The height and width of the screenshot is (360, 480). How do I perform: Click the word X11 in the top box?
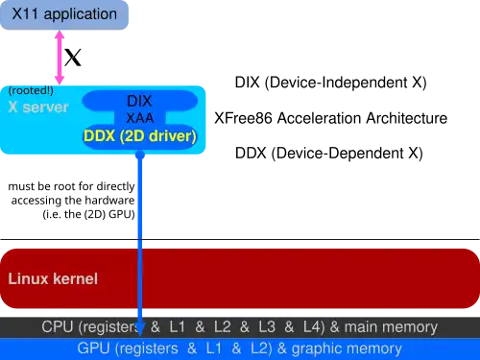[x=28, y=14]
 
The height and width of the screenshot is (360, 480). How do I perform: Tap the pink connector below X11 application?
[x=60, y=57]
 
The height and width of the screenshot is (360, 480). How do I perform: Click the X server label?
[x=38, y=107]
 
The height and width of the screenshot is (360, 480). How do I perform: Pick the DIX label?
[x=139, y=100]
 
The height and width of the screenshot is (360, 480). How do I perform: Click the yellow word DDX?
[x=100, y=136]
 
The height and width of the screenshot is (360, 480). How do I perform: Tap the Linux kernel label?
[x=53, y=279]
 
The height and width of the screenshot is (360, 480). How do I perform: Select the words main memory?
[x=395, y=326]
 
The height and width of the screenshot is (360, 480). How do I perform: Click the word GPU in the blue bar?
[x=94, y=348]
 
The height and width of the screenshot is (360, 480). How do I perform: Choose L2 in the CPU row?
[x=223, y=326]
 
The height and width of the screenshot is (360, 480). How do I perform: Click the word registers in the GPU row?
[x=148, y=348]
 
